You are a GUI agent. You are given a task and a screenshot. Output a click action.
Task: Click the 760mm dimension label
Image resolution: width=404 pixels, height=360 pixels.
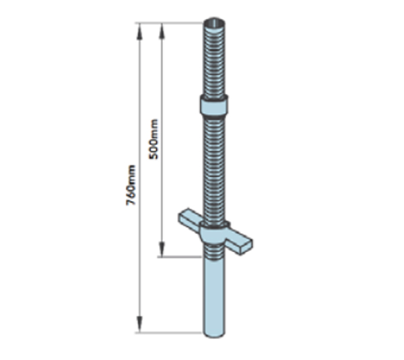pos(131,185)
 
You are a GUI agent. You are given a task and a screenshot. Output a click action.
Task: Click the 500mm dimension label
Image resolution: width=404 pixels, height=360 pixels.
pos(154,139)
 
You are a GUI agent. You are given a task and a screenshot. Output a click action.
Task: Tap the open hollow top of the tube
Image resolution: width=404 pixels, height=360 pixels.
pos(214,23)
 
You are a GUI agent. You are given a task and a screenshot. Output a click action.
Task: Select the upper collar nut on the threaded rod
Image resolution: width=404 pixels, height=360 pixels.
pos(214,105)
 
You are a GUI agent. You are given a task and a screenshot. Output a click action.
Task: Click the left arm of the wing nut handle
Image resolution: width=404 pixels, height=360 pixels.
pos(190,218)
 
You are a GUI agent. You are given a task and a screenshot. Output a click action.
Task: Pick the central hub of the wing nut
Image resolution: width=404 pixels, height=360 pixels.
pos(214,233)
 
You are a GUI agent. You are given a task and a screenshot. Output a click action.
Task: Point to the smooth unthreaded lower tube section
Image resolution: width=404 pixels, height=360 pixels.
pos(214,297)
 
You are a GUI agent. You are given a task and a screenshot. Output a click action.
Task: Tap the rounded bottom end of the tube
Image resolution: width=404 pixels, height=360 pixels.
pos(214,334)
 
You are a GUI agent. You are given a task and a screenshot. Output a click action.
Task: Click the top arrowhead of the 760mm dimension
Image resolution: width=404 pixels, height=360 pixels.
pos(139,32)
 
